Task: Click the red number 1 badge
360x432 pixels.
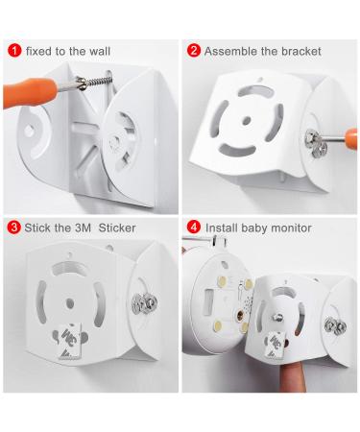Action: [12, 50]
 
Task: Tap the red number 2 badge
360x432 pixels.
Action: [193, 50]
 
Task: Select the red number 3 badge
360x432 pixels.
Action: [12, 228]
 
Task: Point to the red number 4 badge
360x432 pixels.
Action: [193, 228]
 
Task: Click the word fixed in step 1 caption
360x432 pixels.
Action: [40, 50]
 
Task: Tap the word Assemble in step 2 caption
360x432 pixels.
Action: [230, 50]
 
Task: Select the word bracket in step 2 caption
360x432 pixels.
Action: [300, 50]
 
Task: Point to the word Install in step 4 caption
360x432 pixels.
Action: [222, 228]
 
